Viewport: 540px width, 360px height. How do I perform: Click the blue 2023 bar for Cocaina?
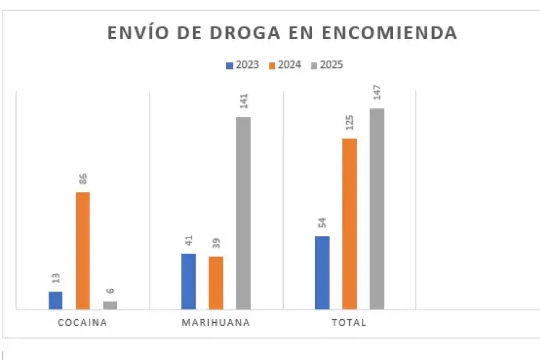point(55,300)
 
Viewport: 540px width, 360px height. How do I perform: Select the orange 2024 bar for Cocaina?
point(83,250)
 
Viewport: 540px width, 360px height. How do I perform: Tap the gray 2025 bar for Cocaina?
point(110,305)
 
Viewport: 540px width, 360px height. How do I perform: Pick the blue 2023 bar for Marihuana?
point(188,281)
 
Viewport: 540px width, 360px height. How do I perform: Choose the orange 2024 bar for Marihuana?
point(216,283)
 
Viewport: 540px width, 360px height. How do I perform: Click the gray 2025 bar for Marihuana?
point(243,213)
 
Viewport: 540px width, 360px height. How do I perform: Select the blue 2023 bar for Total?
point(322,272)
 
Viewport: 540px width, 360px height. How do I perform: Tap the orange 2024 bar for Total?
point(349,224)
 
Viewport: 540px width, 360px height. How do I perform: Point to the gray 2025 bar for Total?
point(377,209)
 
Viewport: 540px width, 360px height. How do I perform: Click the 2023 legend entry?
point(243,65)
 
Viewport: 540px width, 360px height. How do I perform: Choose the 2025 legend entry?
point(327,65)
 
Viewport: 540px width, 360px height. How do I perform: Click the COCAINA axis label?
point(82,323)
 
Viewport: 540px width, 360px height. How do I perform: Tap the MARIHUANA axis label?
point(216,323)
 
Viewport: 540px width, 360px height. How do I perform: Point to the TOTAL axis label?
point(349,323)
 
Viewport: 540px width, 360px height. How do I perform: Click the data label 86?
point(83,179)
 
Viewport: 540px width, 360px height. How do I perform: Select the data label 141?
point(244,101)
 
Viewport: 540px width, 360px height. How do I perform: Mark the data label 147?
point(377,94)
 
